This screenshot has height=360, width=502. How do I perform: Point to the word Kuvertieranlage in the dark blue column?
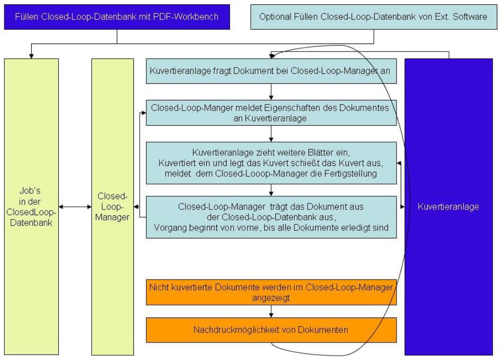(448, 207)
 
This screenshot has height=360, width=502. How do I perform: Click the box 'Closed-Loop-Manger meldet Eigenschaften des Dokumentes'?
(270, 113)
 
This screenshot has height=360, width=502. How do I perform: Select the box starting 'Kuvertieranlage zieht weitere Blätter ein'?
(270, 162)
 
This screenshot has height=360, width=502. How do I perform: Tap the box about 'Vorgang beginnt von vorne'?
(270, 217)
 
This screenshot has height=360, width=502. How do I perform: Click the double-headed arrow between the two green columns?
(75, 207)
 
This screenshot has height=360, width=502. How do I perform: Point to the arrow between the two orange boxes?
(271, 311)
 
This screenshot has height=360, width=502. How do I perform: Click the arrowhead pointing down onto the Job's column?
(31, 55)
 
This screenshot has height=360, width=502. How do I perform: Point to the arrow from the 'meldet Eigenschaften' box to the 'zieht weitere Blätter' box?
(271, 133)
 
